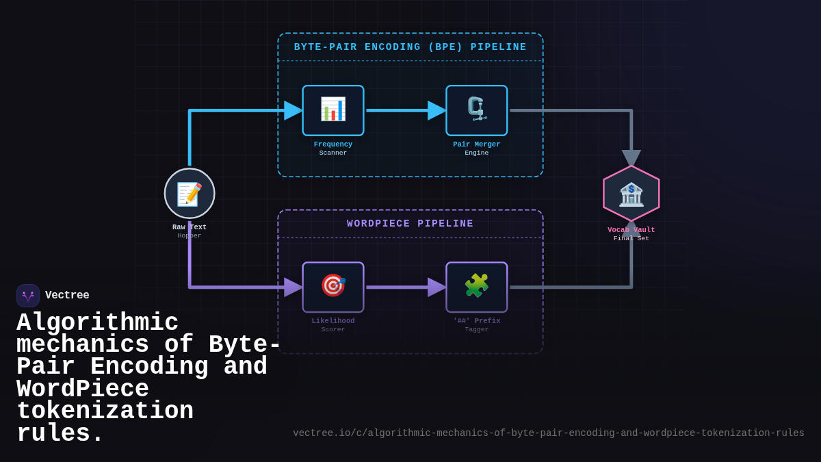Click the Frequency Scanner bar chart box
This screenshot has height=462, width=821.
click(333, 110)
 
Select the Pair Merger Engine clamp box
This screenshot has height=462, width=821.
click(477, 110)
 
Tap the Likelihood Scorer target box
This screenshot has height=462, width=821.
click(333, 287)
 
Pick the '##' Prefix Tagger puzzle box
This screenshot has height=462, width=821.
click(477, 287)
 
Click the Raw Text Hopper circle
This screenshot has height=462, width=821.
click(190, 194)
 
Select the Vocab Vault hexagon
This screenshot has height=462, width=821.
click(631, 194)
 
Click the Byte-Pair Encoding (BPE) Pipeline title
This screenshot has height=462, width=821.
click(410, 47)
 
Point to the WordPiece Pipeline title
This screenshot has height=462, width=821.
click(410, 224)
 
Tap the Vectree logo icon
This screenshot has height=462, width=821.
click(28, 296)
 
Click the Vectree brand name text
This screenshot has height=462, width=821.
click(67, 296)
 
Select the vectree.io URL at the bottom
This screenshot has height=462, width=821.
click(549, 433)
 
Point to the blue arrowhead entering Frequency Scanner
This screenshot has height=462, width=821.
click(293, 110)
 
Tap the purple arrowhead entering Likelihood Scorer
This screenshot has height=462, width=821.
click(293, 287)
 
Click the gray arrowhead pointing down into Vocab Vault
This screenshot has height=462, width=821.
click(631, 158)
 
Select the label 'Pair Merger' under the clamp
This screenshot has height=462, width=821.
click(477, 144)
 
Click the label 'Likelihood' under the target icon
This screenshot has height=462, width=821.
click(333, 321)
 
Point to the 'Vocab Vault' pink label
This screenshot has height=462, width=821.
click(631, 230)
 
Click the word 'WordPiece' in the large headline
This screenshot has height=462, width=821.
click(83, 389)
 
